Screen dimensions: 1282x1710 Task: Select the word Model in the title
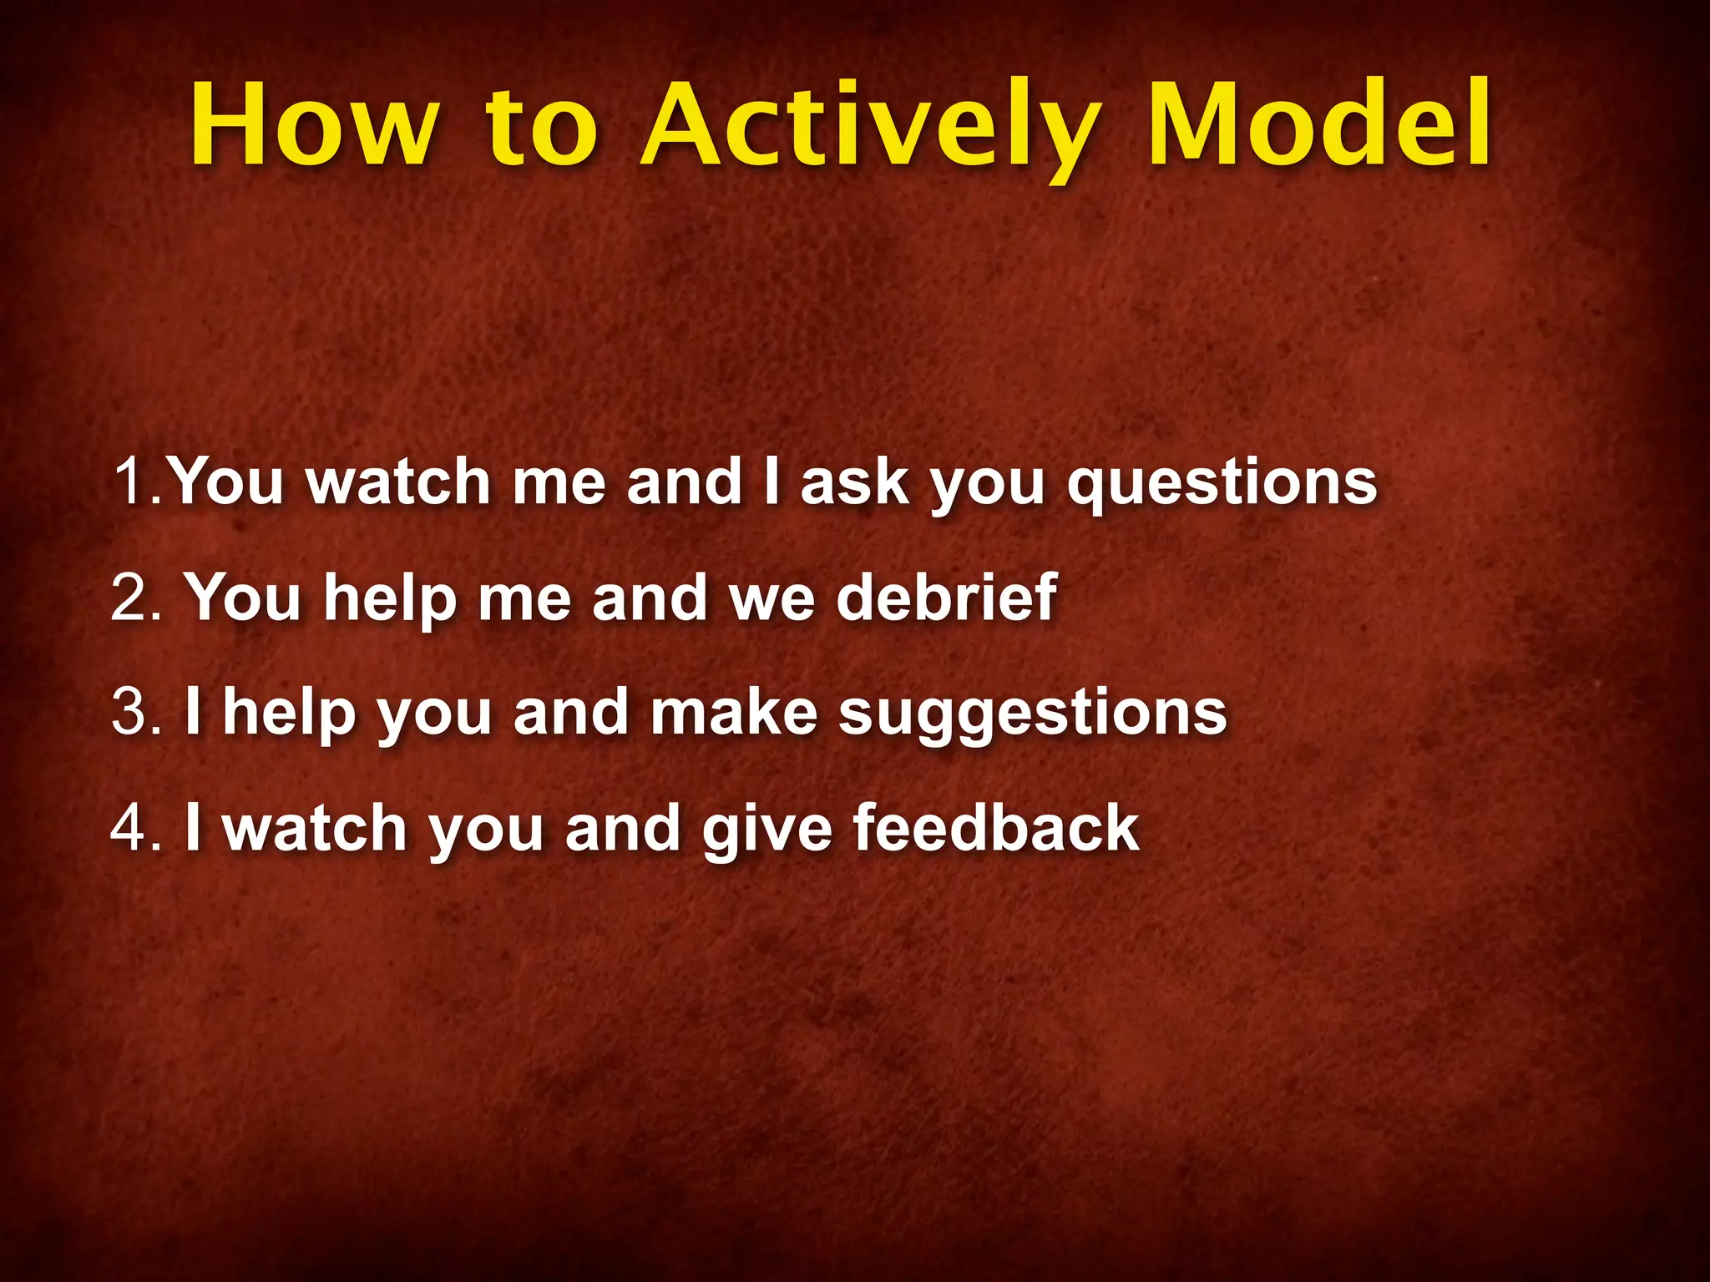pos(1318,125)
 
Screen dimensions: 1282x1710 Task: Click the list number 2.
pos(134,598)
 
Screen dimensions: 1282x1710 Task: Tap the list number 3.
pos(134,713)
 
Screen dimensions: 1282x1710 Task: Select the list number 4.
pos(134,828)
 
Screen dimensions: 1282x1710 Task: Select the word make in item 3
pos(734,713)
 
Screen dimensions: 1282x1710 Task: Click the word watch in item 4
pos(315,828)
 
